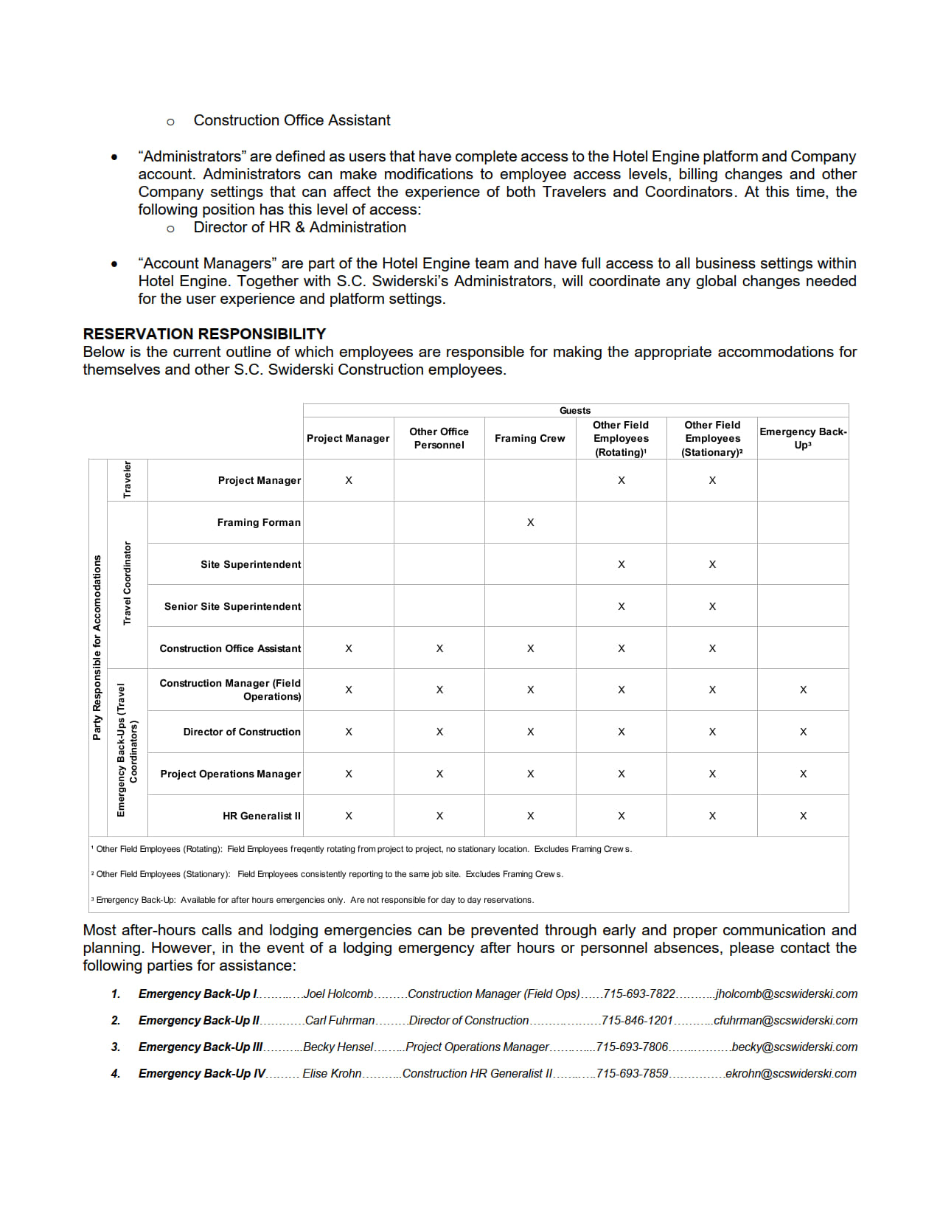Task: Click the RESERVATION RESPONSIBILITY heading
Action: click(204, 334)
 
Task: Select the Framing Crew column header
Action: click(529, 438)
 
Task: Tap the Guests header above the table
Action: click(575, 411)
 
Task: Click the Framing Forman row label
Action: click(259, 522)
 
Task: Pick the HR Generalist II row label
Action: click(262, 816)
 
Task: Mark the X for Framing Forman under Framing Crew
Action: click(530, 522)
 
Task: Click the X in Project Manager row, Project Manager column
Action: click(349, 480)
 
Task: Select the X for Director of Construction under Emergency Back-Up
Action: click(803, 732)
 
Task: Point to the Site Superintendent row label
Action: click(251, 564)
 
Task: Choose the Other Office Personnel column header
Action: click(439, 438)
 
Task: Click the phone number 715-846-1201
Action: click(637, 1021)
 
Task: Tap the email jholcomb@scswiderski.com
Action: click(787, 994)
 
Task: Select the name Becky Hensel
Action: click(338, 1047)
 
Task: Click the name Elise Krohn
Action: click(332, 1074)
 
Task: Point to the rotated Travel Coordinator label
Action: click(128, 583)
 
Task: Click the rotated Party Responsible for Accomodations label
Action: click(97, 647)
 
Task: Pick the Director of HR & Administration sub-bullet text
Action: click(299, 227)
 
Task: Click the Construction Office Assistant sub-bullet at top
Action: click(292, 120)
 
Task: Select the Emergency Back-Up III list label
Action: click(201, 1047)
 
